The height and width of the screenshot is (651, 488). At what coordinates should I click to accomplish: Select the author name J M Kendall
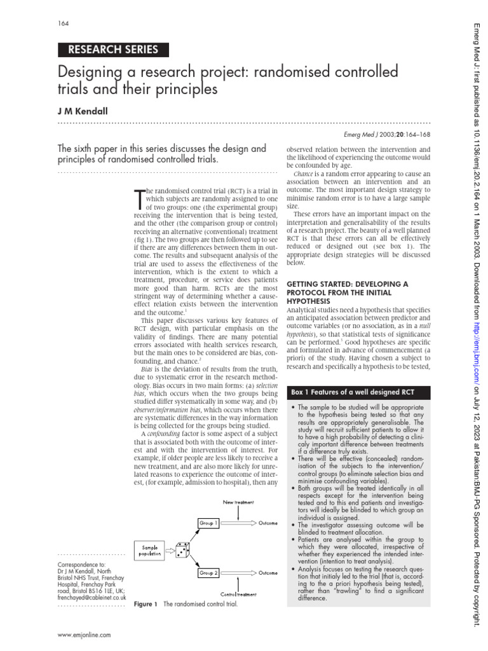83,111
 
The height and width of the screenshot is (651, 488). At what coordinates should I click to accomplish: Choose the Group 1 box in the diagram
208,523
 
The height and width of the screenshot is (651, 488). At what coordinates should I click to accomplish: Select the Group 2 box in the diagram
208,573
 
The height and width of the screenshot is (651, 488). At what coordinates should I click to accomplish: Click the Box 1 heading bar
358,392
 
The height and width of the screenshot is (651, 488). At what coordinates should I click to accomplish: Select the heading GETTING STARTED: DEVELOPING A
348,283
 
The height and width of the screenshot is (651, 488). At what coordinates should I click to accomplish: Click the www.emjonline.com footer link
84,634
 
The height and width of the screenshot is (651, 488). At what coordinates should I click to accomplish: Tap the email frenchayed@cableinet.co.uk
91,598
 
